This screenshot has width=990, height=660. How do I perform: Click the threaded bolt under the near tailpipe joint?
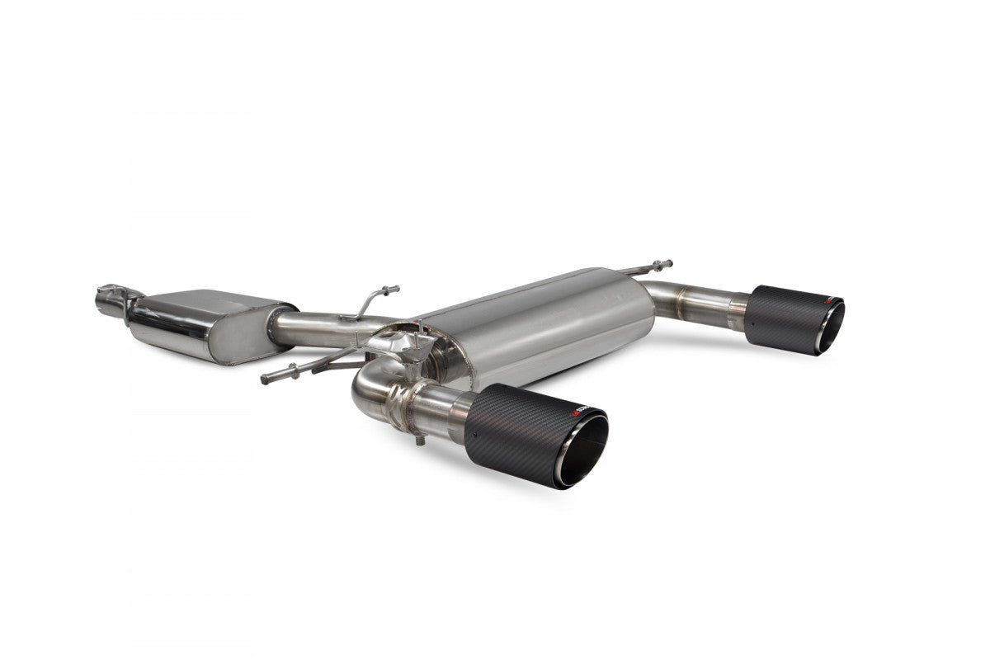(421, 445)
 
